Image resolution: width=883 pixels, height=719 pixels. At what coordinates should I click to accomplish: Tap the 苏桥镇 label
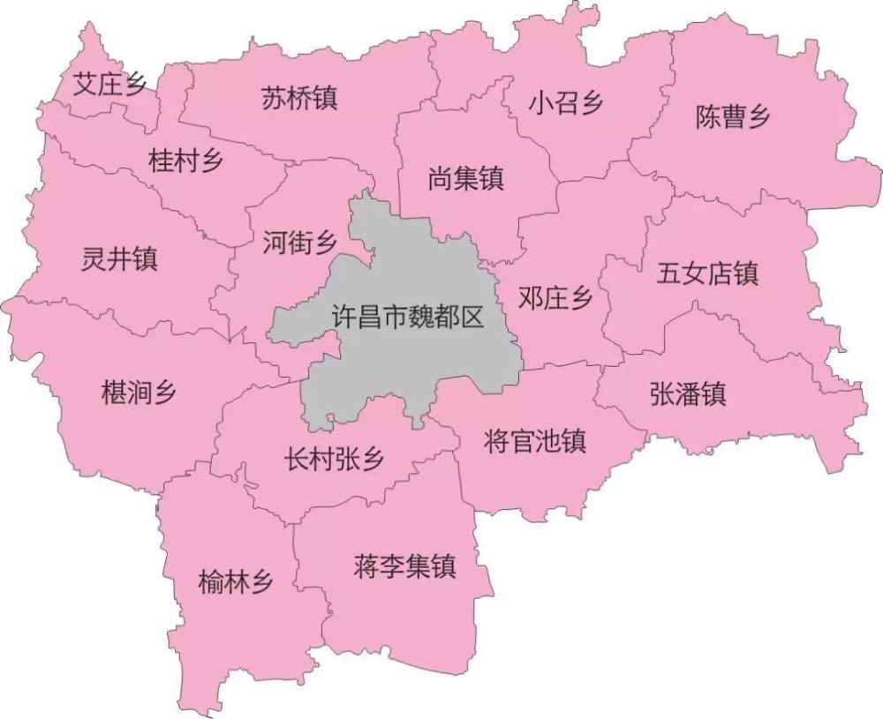pyautogui.click(x=299, y=98)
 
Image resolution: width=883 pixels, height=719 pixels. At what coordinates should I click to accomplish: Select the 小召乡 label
pyautogui.click(x=566, y=104)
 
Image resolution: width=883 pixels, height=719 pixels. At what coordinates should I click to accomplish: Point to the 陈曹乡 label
pyautogui.click(x=733, y=118)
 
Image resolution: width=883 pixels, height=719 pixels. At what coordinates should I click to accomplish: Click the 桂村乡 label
pyautogui.click(x=186, y=161)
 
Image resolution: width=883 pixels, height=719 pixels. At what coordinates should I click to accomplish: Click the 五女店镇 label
pyautogui.click(x=707, y=273)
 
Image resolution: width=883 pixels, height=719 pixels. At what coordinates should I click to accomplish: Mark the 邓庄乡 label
pyautogui.click(x=555, y=300)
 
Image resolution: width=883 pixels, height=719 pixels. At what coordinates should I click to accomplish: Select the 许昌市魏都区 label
pyautogui.click(x=408, y=318)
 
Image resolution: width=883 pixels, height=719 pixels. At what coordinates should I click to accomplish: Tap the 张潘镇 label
pyautogui.click(x=688, y=394)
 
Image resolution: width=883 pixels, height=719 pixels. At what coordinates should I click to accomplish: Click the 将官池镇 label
pyautogui.click(x=536, y=439)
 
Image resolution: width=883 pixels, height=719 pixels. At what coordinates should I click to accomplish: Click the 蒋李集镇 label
pyautogui.click(x=404, y=565)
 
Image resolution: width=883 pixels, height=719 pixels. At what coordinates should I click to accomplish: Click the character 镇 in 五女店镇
pyautogui.click(x=745, y=273)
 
